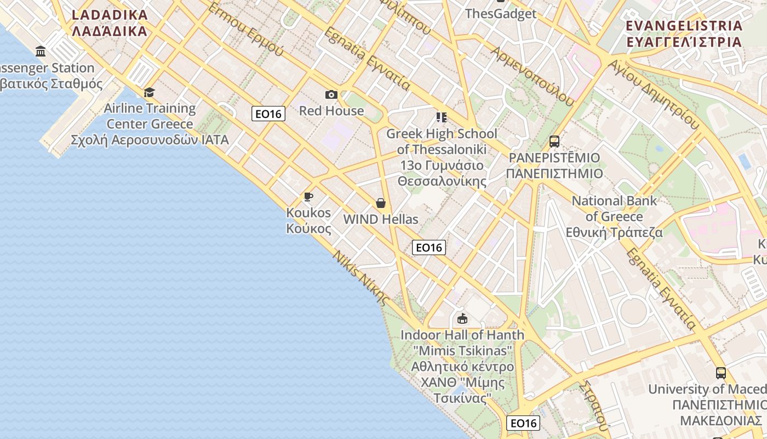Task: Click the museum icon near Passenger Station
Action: (x=41, y=52)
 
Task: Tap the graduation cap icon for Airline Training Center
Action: (x=149, y=92)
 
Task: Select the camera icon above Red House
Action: (x=331, y=95)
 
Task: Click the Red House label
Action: (x=331, y=111)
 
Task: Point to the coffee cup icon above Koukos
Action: (x=308, y=196)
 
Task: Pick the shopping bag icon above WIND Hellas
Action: (x=381, y=203)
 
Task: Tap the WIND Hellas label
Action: (x=380, y=219)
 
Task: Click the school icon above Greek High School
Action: (x=441, y=117)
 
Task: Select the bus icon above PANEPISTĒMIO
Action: (x=554, y=142)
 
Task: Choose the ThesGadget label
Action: (x=500, y=14)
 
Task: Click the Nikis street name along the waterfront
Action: (x=362, y=278)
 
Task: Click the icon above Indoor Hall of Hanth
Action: (x=462, y=318)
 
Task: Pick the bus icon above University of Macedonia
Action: (x=721, y=373)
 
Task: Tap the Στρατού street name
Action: (x=594, y=406)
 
